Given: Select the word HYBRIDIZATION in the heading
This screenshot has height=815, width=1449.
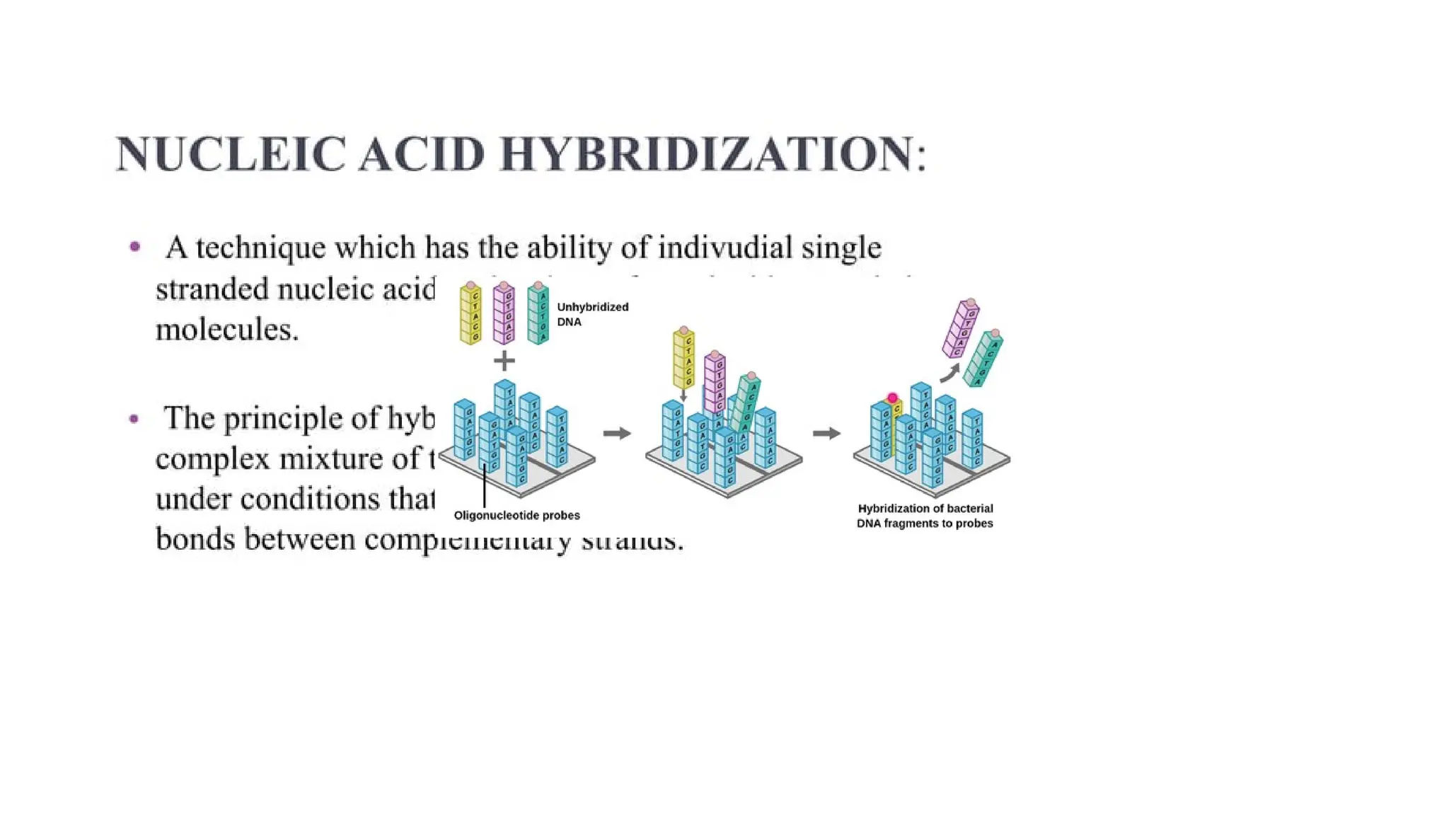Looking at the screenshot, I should (708, 154).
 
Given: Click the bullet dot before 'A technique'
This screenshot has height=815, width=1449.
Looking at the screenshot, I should (135, 247).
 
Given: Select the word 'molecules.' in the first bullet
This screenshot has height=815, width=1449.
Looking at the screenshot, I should (227, 330).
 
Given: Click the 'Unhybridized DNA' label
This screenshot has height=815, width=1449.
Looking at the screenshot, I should (592, 314).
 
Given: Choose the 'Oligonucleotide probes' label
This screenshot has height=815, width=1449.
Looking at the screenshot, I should (516, 516).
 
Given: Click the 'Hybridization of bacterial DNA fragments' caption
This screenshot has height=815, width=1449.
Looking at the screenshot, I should (925, 516).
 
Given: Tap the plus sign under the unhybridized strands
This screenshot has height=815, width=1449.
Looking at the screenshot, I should (504, 362).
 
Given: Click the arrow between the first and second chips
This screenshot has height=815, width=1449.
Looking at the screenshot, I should (617, 433).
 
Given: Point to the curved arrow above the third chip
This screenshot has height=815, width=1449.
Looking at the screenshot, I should (949, 373).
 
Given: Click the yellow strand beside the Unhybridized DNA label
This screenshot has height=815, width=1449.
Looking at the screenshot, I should (471, 315).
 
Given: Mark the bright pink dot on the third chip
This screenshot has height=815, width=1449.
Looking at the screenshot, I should (892, 398).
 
